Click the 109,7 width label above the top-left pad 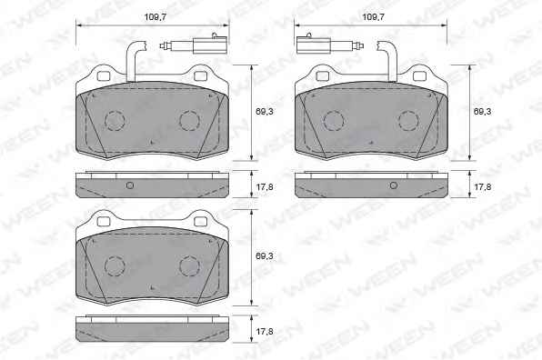pyautogui.click(x=156, y=17)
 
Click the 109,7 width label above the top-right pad pyautogui.click(x=374, y=17)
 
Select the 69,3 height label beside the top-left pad pyautogui.click(x=265, y=112)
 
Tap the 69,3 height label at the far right pyautogui.click(x=482, y=112)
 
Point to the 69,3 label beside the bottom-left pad pyautogui.click(x=265, y=256)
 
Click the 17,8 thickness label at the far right pyautogui.click(x=482, y=187)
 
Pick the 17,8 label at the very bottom pyautogui.click(x=265, y=332)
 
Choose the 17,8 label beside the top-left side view pyautogui.click(x=265, y=187)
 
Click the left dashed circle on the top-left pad pyautogui.click(x=115, y=121)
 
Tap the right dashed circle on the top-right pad pyautogui.click(x=408, y=121)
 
